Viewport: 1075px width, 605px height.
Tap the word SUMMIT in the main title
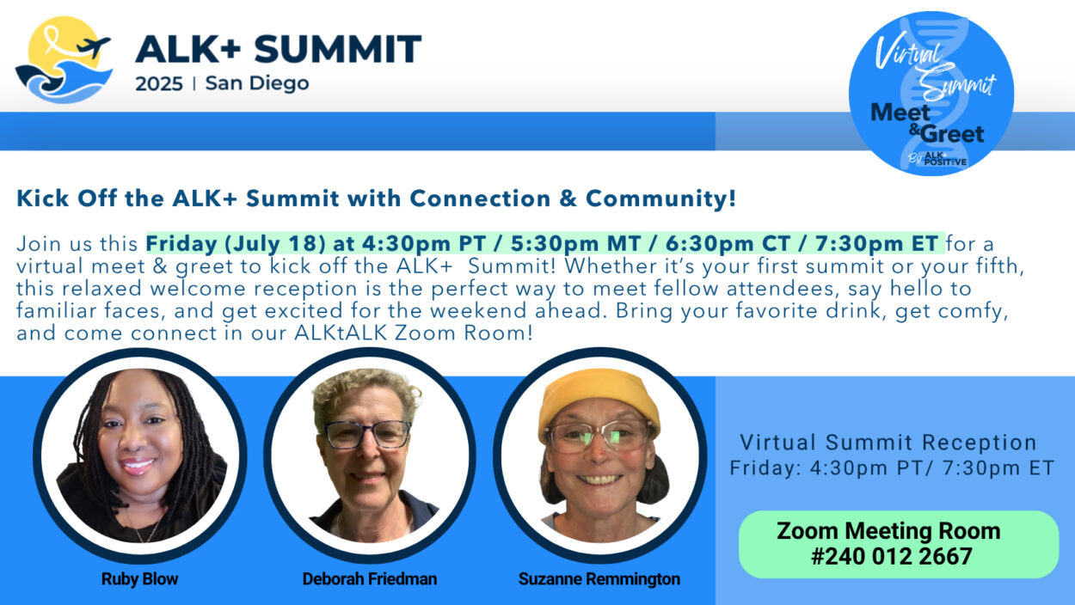coord(337,48)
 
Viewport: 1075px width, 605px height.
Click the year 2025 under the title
coord(159,84)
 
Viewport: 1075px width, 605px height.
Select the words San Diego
coord(257,83)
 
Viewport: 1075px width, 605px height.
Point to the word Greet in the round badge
coord(952,134)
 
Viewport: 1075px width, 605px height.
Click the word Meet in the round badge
coord(900,113)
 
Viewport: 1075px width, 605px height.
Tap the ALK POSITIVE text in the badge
coord(945,159)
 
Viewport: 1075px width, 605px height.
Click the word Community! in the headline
coord(660,199)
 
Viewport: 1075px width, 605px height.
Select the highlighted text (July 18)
coord(275,243)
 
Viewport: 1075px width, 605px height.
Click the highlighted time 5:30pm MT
coord(576,243)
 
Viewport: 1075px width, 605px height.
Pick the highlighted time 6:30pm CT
coord(728,243)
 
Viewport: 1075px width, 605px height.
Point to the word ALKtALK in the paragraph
coord(341,333)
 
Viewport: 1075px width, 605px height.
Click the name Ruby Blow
coord(139,579)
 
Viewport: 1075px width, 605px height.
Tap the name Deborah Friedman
coord(370,579)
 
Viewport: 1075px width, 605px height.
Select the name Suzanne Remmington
coord(599,579)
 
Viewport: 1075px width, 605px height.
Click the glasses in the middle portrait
coord(367,434)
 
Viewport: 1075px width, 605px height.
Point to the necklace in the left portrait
coord(143,528)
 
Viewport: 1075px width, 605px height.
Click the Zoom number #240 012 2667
coord(892,557)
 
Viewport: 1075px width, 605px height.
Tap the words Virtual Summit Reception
coord(888,443)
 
